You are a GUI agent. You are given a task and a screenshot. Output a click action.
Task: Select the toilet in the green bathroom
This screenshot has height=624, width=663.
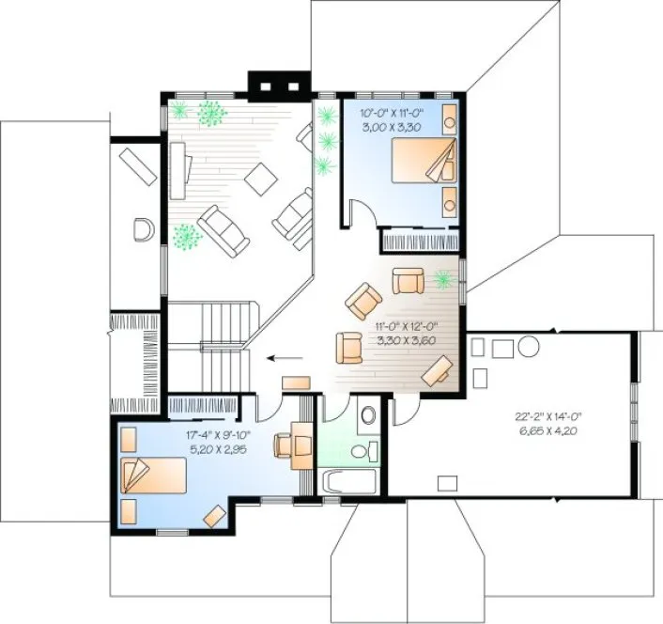360,453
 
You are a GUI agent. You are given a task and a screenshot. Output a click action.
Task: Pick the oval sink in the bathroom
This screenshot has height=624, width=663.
368,414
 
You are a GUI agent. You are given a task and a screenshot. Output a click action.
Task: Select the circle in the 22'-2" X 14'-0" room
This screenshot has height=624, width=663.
528,346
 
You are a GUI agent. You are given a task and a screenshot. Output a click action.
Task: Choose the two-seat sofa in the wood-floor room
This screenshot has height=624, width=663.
224,230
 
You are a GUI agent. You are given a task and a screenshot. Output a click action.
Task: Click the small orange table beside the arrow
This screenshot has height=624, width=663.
296,382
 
